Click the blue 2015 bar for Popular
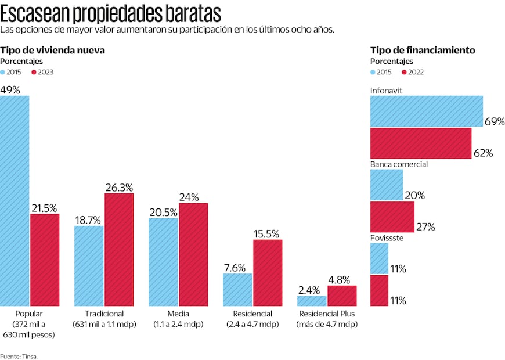coord(15,201)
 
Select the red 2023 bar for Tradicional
coord(119,250)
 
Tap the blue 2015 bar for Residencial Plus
coord(312,301)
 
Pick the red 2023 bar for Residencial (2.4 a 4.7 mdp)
coord(268,273)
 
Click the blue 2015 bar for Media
coord(163,262)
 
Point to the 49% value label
coord(10,90)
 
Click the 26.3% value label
coord(119,188)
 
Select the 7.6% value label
coord(237,268)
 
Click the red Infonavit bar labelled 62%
coord(421,143)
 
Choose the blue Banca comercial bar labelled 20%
coord(387,185)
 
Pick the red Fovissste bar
coord(379,290)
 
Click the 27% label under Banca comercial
coord(425,226)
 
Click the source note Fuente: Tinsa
coord(19,355)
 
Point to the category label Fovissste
coord(387,238)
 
